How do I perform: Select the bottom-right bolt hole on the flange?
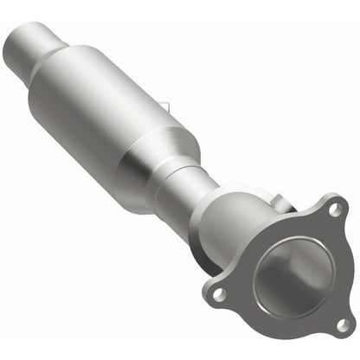point(340,323)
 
